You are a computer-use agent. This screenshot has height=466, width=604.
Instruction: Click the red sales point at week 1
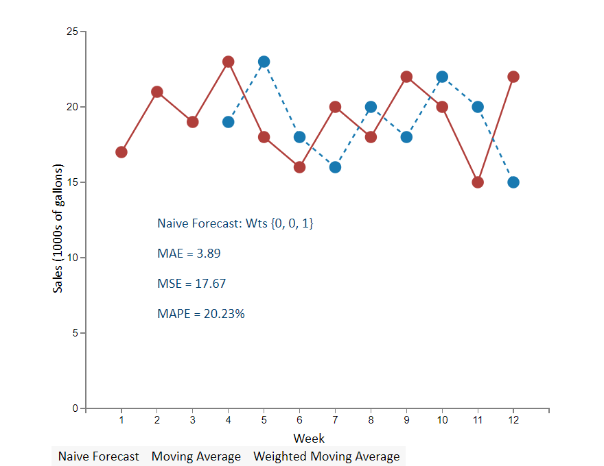[121, 152]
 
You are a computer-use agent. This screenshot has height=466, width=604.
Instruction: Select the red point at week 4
[229, 62]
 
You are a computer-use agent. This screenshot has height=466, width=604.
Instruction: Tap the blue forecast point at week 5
[264, 62]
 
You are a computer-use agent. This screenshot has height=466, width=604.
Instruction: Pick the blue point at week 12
[513, 182]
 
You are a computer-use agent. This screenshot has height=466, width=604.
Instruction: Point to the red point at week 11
[478, 182]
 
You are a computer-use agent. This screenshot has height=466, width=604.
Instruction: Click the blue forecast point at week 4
[229, 122]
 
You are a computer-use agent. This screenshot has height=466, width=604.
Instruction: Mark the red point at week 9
[406, 77]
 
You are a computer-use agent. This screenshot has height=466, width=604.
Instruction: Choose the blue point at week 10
[442, 77]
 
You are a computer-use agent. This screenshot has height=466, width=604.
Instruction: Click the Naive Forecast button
[98, 456]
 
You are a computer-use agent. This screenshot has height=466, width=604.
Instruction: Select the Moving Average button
[196, 456]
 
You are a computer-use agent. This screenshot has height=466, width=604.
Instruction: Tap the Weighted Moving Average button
[327, 456]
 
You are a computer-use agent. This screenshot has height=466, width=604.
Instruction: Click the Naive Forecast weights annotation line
[235, 223]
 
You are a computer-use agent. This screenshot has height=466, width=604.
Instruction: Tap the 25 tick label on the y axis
[71, 32]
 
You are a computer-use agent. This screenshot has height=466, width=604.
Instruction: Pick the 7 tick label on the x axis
[335, 420]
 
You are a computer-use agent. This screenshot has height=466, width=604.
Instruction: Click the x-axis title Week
[309, 438]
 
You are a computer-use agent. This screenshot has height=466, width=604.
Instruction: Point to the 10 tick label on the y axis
[71, 258]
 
